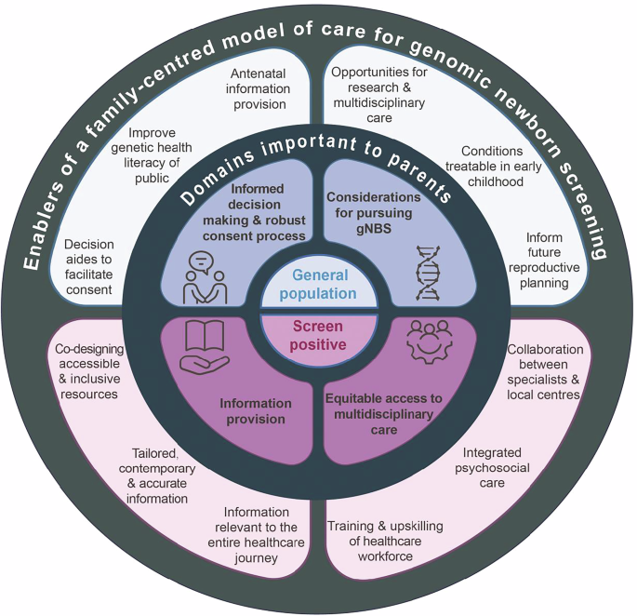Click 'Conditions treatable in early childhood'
click(491, 166)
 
